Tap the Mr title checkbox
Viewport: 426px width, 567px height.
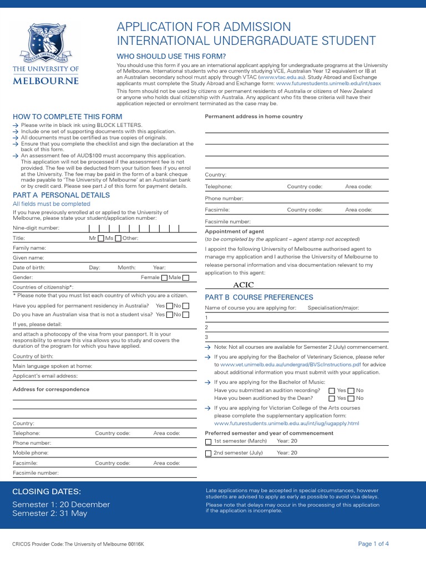coord(100,238)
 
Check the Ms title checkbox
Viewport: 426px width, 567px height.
coord(118,238)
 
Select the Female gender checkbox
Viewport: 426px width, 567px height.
coord(164,277)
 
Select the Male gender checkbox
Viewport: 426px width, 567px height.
coord(186,277)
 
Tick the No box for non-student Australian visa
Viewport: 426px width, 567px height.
coord(186,315)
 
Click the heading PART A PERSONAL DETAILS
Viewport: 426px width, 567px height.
coord(61,195)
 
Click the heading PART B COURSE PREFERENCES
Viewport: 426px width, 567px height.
coord(259,297)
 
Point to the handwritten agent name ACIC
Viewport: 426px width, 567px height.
coord(244,285)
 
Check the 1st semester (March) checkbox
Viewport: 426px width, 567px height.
coord(208,441)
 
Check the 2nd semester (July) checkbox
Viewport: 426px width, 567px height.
coord(208,453)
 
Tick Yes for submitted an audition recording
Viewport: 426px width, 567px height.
coord(332,390)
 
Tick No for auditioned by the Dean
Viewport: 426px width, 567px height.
coord(351,398)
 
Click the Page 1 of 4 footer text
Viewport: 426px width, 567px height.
coord(373,544)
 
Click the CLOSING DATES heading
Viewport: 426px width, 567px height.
coord(47,492)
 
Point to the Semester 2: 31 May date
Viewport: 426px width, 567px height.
coord(50,513)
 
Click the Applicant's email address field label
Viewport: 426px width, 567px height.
coord(45,376)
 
